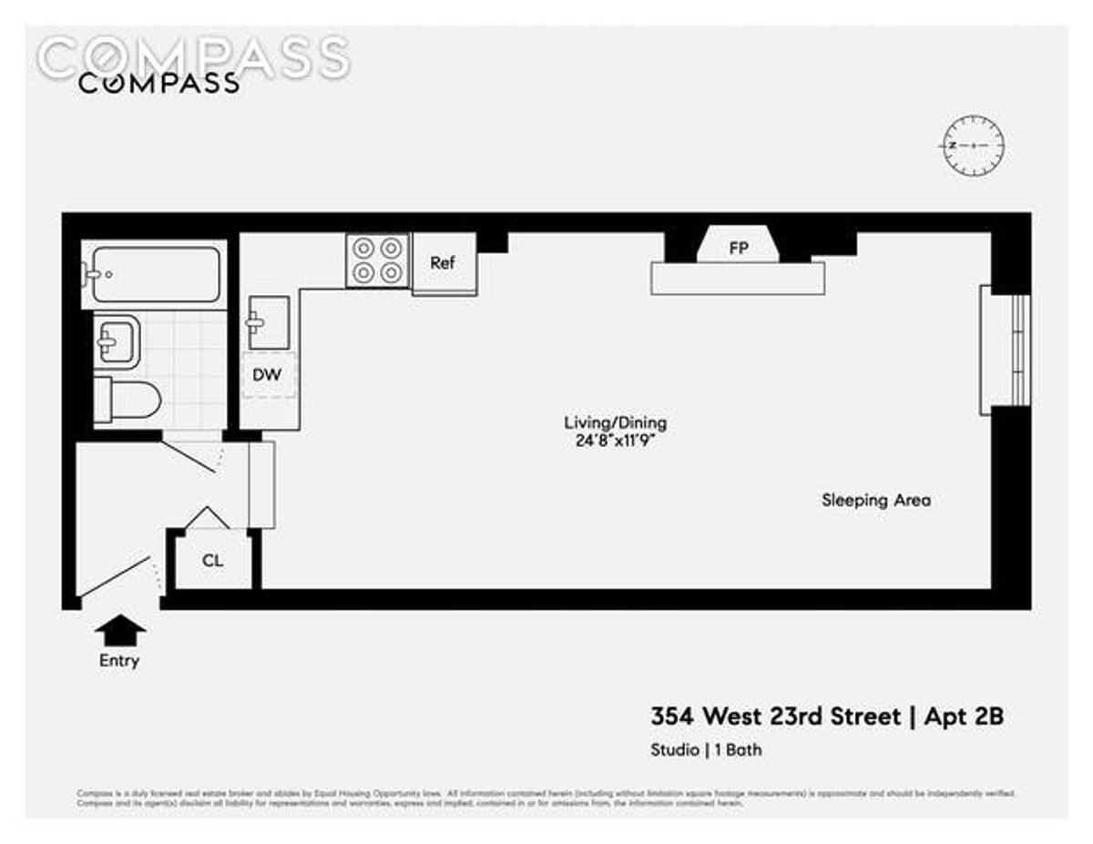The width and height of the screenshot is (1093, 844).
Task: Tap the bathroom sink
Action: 117,341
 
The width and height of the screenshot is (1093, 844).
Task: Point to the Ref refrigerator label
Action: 443,263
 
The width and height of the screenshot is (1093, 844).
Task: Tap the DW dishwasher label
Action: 268,374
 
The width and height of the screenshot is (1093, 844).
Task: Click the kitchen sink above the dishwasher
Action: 268,322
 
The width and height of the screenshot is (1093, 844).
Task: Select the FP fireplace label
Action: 738,247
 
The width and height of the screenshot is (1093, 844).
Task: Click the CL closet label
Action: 212,561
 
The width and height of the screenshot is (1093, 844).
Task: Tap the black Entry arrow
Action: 119,630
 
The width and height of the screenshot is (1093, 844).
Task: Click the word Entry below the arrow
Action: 119,661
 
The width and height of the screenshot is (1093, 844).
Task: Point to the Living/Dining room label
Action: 616,422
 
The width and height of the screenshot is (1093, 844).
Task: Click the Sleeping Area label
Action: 876,500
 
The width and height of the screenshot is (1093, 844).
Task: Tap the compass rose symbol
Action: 973,147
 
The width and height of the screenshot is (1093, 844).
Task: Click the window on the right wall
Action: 1006,350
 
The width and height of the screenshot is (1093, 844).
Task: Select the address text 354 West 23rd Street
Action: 774,717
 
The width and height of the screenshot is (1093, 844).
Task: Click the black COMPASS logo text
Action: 158,83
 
